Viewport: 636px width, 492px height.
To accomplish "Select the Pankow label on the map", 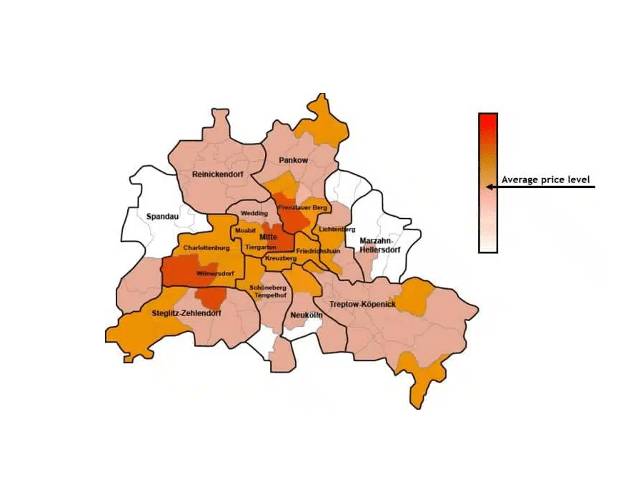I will point(294,160).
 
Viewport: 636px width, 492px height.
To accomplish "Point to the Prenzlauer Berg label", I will point(302,207).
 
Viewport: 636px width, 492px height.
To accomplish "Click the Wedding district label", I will point(254,213).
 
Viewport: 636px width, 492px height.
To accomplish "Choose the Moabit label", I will point(245,230).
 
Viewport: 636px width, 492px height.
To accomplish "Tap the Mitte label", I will point(269,237).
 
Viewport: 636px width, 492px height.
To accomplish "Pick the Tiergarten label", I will point(260,247).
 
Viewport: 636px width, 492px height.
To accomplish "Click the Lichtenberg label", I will point(338,230).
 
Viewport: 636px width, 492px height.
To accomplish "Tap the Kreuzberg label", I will point(280,257).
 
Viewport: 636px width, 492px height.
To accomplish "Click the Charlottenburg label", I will point(206,248).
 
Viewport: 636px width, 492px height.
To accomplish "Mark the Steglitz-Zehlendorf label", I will point(187,313).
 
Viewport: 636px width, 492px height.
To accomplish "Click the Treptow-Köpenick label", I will point(362,305).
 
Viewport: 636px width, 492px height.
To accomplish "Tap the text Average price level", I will point(546,180).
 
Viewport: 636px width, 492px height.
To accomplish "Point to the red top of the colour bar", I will point(488,120).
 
